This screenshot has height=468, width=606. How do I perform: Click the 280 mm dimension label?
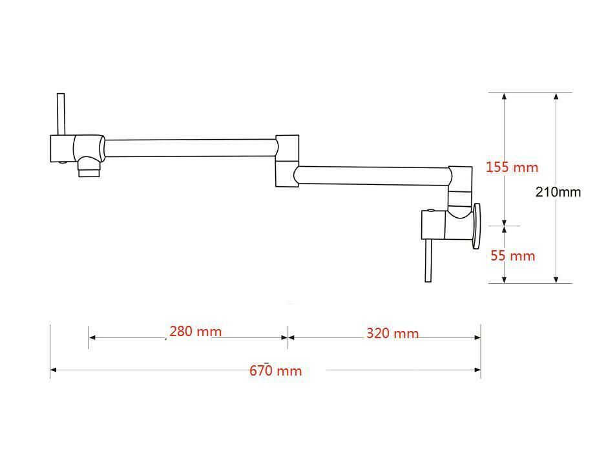click(x=195, y=332)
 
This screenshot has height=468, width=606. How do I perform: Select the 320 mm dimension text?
click(x=392, y=334)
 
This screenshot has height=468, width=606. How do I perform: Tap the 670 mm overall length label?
click(x=275, y=370)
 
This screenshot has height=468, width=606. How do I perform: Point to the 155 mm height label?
click(x=512, y=167)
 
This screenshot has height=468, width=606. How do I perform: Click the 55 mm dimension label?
click(x=513, y=256)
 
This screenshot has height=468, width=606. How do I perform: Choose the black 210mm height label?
click(x=558, y=192)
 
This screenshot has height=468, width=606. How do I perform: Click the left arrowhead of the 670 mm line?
click(x=54, y=370)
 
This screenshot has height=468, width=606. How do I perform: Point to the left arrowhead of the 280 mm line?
click(x=92, y=337)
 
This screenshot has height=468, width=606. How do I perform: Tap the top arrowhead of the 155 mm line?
click(x=505, y=96)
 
